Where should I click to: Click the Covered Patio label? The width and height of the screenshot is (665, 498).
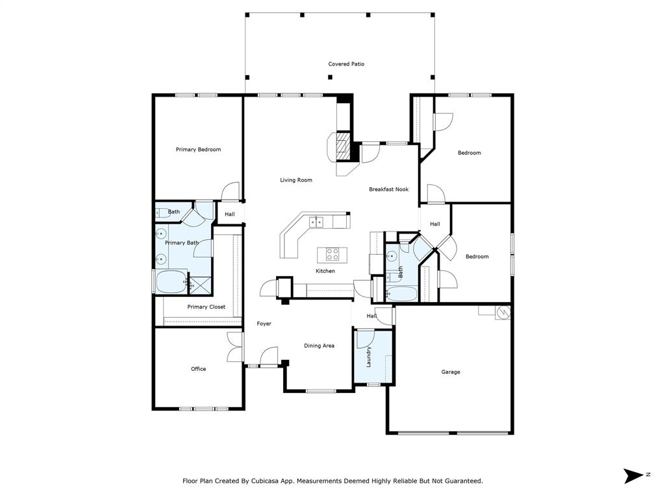[x=346, y=64]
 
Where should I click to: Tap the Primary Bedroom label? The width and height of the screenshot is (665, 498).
[x=198, y=150]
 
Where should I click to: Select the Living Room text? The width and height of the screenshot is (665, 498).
[x=295, y=180]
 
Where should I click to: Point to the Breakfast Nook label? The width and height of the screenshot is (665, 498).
[x=388, y=189]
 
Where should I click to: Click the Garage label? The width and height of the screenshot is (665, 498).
[x=451, y=372]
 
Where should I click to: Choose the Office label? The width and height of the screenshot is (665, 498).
[x=198, y=369]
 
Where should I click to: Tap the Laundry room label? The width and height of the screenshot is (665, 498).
[x=369, y=357]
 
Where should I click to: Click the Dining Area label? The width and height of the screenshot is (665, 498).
[x=319, y=346]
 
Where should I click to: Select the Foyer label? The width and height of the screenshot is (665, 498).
[x=264, y=324]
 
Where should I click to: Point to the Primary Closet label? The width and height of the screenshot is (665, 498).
[x=206, y=307]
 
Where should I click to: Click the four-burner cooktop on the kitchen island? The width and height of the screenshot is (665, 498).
[x=332, y=254]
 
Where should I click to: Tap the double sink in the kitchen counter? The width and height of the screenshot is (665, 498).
[x=316, y=222]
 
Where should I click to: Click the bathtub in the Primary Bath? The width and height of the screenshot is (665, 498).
[x=171, y=282]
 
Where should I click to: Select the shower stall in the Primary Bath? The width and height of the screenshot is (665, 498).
[x=199, y=285]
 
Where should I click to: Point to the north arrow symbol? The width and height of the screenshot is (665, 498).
[x=634, y=475]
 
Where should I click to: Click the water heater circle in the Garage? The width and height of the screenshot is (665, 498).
[x=503, y=313]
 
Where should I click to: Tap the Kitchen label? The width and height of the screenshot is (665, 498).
[x=325, y=271]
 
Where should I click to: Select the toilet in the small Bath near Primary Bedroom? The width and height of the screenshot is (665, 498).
[x=163, y=213]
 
